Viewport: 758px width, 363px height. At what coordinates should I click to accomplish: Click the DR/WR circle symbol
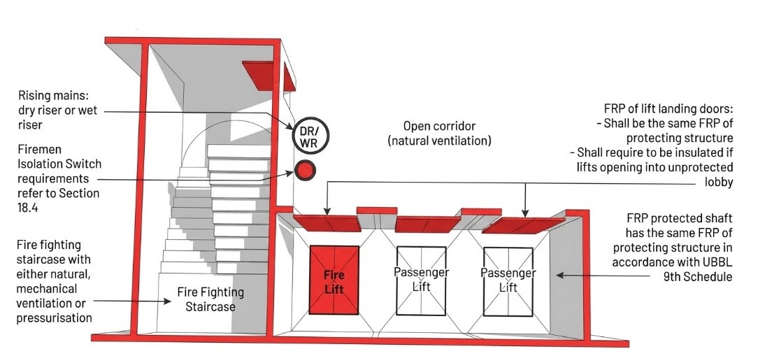310,136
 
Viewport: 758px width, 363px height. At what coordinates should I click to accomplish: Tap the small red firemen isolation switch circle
305,170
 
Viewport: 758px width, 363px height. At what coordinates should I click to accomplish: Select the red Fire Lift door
334,280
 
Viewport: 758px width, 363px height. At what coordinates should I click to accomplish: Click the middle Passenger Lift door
421,281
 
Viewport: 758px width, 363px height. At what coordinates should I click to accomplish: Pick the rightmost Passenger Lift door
508,282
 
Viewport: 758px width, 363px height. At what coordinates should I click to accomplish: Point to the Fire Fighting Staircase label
210,299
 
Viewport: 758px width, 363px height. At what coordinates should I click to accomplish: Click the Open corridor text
439,126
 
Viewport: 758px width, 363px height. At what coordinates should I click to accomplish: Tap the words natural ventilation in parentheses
439,141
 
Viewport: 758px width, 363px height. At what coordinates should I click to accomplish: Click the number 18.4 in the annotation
29,208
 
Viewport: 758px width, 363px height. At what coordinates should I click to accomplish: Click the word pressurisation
54,318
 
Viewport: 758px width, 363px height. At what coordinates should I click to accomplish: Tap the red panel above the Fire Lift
327,223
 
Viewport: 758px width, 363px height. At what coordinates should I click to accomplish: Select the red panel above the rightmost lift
523,225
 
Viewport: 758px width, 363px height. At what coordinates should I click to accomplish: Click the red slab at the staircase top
269,76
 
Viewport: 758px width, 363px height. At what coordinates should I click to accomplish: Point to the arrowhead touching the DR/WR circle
289,127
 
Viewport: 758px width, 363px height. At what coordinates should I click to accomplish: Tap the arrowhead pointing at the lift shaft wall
559,275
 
